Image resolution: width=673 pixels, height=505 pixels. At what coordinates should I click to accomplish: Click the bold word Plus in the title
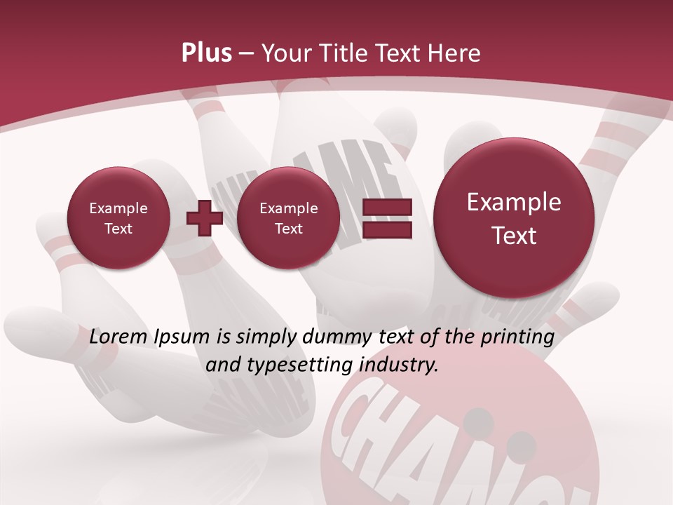206,53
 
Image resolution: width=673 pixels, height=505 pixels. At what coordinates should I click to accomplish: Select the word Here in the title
456,53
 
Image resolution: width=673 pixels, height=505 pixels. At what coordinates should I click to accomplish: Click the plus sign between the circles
205,218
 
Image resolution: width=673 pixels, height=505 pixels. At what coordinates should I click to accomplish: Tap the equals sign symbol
387,218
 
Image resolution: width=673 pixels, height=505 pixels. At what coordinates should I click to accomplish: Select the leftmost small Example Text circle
118,218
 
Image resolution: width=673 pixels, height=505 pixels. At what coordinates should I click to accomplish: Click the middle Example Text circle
288,218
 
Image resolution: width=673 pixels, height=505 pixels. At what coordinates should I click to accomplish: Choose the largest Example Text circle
514,218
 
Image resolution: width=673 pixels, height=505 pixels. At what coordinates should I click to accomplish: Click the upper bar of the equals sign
387,208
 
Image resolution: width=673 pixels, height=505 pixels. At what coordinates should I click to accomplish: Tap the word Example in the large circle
514,203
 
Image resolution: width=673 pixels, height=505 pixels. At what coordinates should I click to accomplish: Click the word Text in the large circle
514,236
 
